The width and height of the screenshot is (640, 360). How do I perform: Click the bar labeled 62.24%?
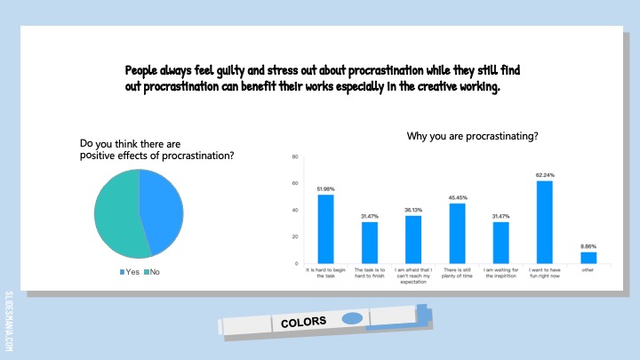[x=545, y=222]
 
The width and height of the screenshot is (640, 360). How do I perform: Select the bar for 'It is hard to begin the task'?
[x=325, y=229]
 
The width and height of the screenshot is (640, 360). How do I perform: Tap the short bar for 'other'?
[x=588, y=258]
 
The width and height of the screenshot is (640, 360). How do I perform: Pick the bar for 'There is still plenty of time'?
[x=457, y=234]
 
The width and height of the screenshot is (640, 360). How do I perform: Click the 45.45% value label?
[x=458, y=198]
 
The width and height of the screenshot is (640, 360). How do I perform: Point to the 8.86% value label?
[x=588, y=246]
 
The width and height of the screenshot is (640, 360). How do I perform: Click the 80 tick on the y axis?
[x=295, y=156]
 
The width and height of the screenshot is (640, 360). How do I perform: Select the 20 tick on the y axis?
[x=295, y=236]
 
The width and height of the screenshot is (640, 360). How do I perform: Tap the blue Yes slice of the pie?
[x=161, y=210]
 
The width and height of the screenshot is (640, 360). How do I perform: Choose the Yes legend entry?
[x=130, y=272]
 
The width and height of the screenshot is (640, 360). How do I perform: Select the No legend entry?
[x=152, y=272]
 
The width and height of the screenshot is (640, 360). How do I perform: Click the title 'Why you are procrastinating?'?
[x=472, y=136]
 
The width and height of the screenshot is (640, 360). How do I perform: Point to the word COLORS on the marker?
[x=304, y=322]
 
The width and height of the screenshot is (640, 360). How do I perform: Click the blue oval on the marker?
[x=352, y=318]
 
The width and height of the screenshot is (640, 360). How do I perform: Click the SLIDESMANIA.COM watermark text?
[x=9, y=321]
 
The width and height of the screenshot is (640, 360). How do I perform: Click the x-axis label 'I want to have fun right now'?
[x=545, y=273]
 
